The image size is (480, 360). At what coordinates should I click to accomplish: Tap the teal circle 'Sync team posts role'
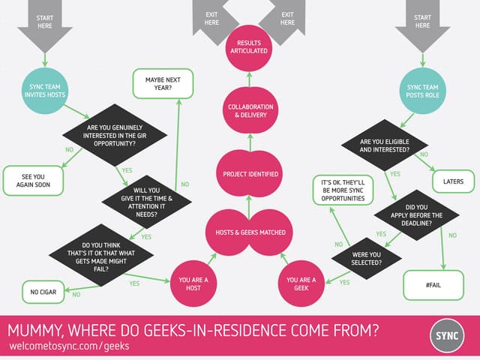point(422,91)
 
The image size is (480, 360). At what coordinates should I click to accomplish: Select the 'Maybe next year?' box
point(163,83)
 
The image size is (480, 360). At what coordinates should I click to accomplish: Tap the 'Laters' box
point(453,181)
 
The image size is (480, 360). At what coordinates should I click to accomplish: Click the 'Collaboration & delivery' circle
point(250,111)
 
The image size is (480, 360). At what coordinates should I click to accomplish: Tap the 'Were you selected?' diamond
point(366,259)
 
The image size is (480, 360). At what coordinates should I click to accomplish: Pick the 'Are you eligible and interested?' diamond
point(384,145)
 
